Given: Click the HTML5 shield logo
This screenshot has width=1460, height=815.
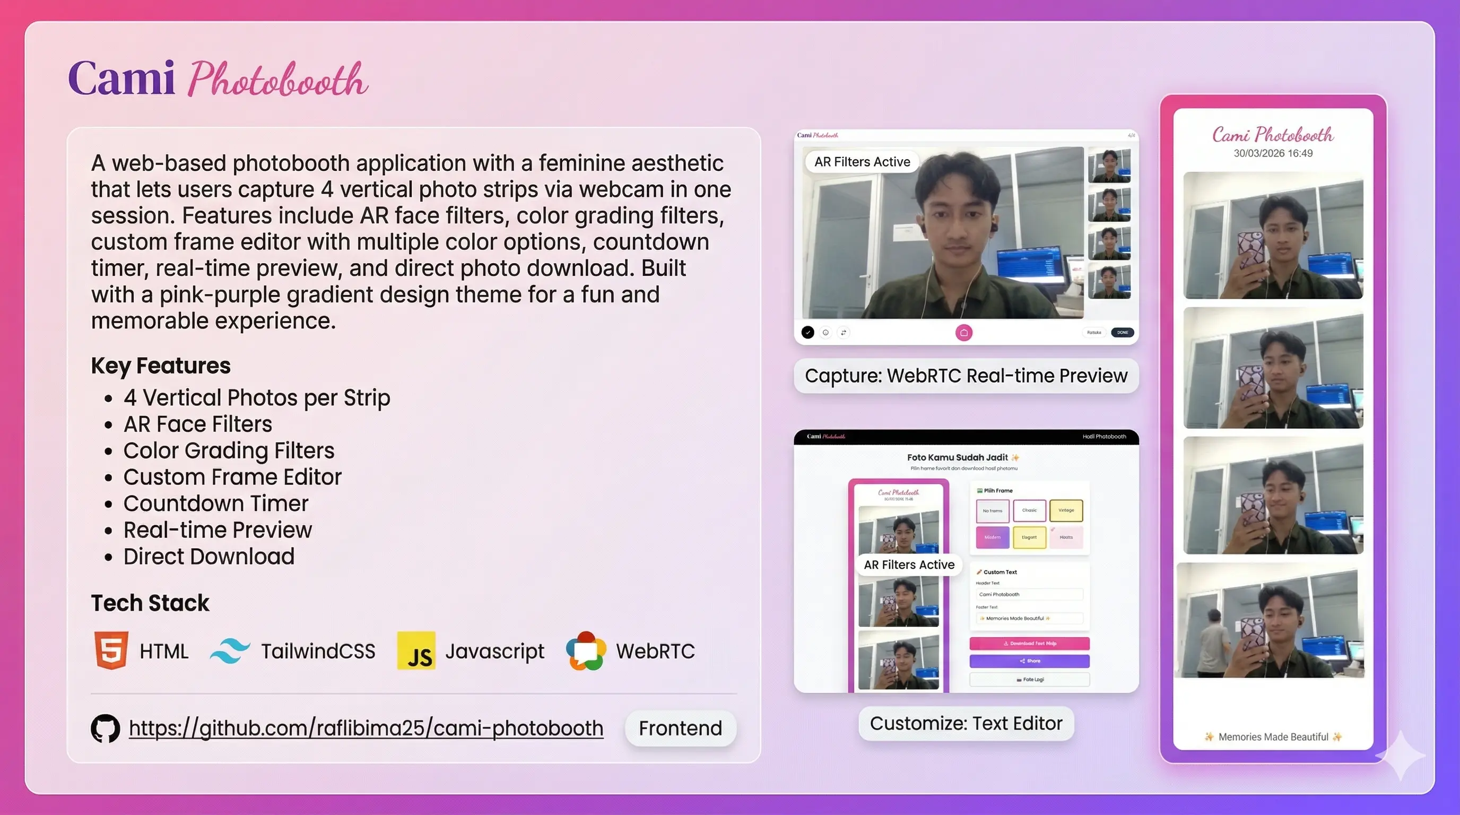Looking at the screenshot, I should tap(111, 650).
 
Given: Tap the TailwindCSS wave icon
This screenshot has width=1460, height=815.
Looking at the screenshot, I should tap(230, 651).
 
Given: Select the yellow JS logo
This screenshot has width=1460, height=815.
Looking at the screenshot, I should tap(416, 651).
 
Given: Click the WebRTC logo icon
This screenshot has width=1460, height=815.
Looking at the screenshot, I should tap(586, 651).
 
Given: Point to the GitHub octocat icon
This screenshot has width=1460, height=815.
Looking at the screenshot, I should tap(106, 729).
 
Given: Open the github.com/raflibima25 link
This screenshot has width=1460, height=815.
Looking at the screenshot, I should tap(366, 729).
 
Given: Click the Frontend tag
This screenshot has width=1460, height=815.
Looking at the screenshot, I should tap(680, 729).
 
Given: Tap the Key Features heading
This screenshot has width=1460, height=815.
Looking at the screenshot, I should tap(160, 366).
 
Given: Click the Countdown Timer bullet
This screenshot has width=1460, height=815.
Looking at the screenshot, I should tap(215, 504).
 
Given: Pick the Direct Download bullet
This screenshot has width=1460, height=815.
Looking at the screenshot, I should tap(208, 557).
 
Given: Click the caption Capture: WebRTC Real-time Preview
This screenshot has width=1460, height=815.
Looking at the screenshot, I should tap(966, 376).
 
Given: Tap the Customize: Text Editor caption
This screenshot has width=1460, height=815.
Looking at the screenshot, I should tap(966, 723).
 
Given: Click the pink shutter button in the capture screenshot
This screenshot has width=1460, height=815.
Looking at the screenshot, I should tap(963, 333).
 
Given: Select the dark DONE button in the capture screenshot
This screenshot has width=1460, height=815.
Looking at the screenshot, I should tap(1122, 333).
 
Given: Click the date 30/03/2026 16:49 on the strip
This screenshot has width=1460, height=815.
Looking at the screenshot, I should tap(1273, 153).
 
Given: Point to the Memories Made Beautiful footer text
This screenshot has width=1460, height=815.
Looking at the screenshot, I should tap(1273, 737).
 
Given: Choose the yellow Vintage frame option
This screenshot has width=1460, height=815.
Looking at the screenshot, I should tap(1065, 510).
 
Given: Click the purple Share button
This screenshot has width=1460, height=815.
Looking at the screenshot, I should tap(1029, 661).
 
